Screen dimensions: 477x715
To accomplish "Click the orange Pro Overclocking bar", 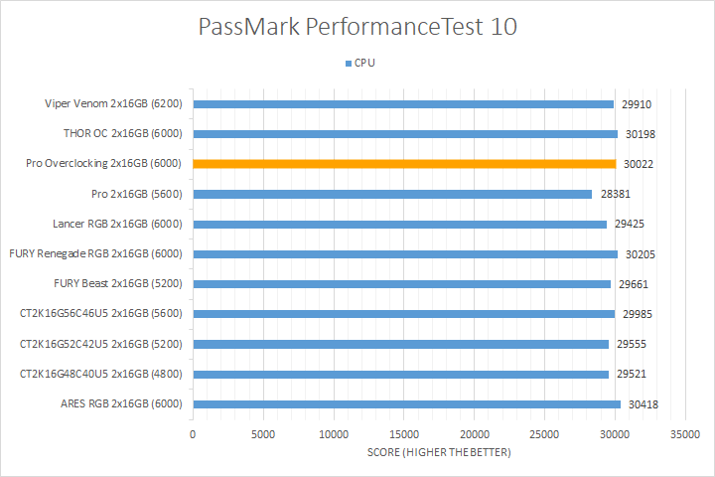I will click(x=404, y=164).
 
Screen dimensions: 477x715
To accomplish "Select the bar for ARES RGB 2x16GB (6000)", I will click(x=406, y=404).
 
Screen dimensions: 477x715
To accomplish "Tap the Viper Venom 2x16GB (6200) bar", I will click(x=403, y=103).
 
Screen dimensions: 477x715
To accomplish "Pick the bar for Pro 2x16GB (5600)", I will click(x=392, y=194).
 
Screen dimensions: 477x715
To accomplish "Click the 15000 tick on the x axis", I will click(x=404, y=434).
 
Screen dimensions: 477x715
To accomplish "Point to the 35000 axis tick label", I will click(x=685, y=434).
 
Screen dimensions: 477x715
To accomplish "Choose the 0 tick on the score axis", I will click(x=193, y=434).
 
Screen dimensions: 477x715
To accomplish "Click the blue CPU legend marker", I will click(x=348, y=63).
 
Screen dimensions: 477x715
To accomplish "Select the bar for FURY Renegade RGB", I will click(x=405, y=254).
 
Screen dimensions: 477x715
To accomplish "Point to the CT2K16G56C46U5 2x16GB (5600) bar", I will click(x=403, y=314).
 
